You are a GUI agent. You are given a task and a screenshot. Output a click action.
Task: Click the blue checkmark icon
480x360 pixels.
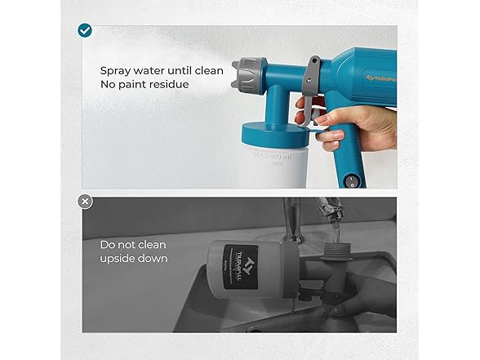point(85,30)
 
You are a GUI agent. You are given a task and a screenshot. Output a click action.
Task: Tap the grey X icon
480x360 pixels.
point(85,201)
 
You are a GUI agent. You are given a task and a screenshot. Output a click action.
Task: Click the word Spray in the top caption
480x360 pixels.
point(115,71)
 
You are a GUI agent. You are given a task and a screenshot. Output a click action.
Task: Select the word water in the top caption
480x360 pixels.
point(152,71)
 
